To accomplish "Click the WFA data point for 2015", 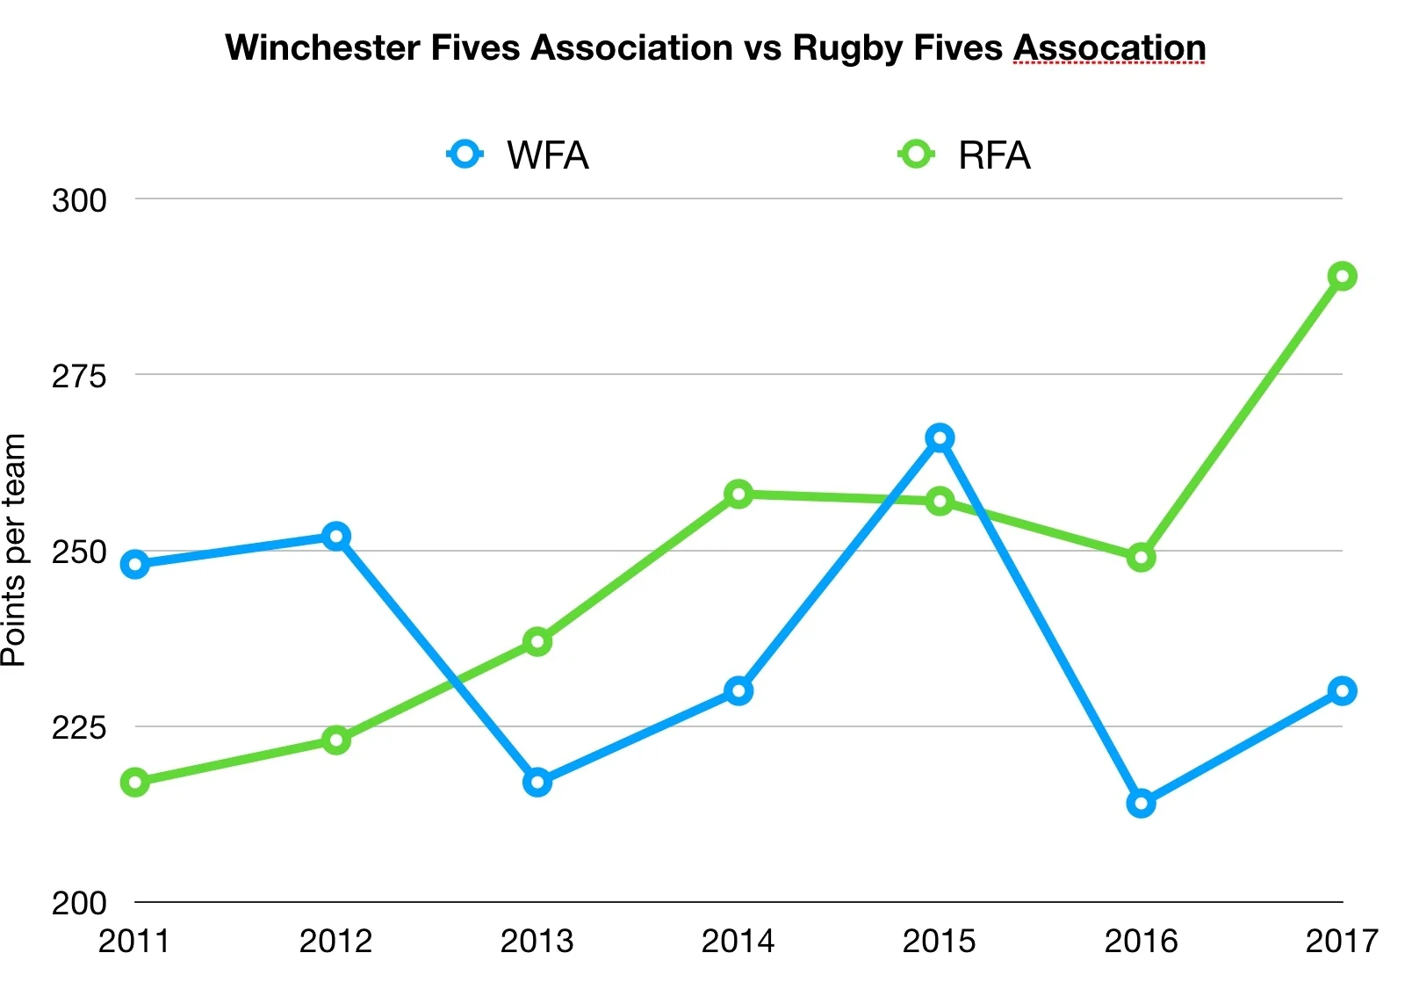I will [940, 438].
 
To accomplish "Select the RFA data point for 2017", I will [1342, 277].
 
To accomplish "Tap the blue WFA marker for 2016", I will [1141, 803].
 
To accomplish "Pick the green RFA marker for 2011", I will [135, 782].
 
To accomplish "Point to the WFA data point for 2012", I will [336, 536].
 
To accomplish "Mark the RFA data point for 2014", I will [738, 495].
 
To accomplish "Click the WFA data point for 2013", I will [537, 782].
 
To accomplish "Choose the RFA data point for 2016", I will [1141, 557].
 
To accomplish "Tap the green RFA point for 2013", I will [537, 642].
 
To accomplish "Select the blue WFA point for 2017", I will [1342, 691].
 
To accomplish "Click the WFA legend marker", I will [465, 155].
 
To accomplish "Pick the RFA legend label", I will [994, 156].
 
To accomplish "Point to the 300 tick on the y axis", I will [79, 200].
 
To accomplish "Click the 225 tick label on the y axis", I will [79, 727].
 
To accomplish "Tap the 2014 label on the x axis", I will [738, 941].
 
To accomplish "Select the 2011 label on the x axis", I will [133, 941].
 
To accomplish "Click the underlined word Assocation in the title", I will [1110, 48].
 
